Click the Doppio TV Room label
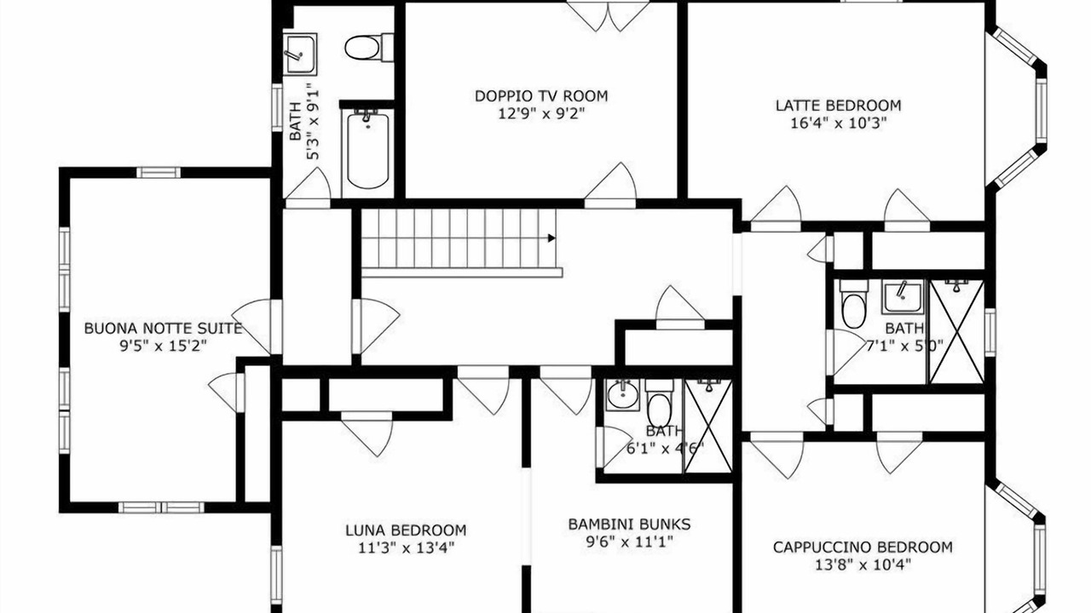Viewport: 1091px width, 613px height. (541, 96)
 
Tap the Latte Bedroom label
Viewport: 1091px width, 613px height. (838, 106)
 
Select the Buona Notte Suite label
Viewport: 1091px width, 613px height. (163, 329)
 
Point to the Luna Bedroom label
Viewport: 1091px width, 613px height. (406, 530)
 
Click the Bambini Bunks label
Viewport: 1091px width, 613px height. (629, 524)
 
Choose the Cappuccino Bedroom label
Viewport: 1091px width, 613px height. (863, 547)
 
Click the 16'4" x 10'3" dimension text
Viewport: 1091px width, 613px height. (838, 123)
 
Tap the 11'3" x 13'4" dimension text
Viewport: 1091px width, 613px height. (407, 547)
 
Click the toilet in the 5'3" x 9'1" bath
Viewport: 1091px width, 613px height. (369, 47)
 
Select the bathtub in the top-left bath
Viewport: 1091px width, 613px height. (367, 150)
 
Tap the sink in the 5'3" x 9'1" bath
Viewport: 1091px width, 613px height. (300, 54)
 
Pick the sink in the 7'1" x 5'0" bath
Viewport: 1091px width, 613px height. (902, 297)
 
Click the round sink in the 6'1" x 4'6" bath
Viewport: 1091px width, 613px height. (622, 395)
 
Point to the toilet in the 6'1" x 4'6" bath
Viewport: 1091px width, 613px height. (659, 404)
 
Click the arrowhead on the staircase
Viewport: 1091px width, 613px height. (551, 238)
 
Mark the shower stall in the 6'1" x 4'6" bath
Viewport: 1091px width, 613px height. (708, 427)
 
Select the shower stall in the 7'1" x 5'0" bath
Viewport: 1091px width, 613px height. (956, 331)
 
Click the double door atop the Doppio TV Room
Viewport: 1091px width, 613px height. (609, 16)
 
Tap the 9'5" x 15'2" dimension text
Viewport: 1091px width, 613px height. (163, 346)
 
